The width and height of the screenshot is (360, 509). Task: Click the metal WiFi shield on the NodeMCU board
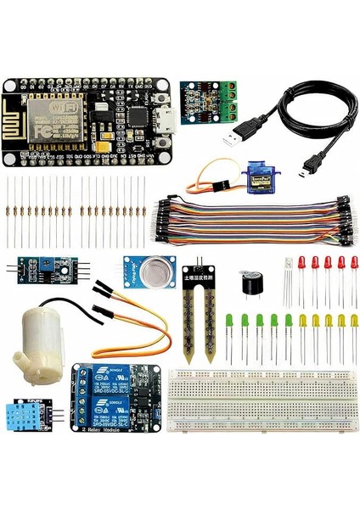50,118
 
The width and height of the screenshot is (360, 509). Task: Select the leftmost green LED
230,322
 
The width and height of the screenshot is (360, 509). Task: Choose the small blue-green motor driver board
207,103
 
